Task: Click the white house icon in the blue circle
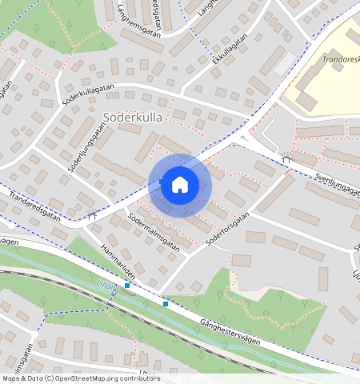pyautogui.click(x=180, y=185)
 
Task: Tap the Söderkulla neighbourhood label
pyautogui.click(x=132, y=118)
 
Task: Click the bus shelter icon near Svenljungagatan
pyautogui.click(x=286, y=158)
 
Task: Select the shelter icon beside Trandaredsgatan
pyautogui.click(x=93, y=215)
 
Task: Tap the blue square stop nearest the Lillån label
pyautogui.click(x=126, y=285)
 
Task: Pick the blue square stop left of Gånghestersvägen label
pyautogui.click(x=166, y=303)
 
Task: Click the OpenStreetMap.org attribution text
pyautogui.click(x=114, y=378)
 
